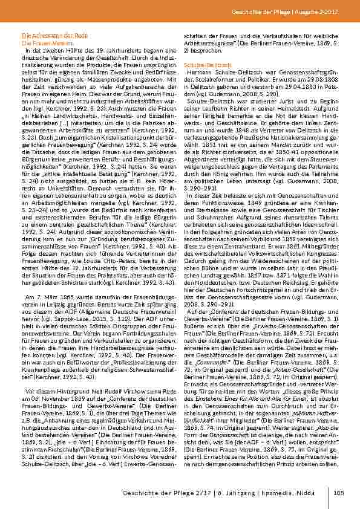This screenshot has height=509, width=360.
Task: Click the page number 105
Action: coord(339,492)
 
